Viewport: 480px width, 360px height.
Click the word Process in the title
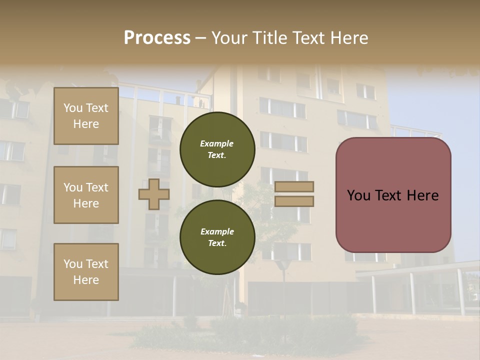(157, 38)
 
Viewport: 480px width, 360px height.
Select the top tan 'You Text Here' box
(86, 116)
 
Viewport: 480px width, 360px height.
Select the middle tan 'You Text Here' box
(86, 195)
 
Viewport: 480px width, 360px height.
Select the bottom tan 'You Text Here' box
(86, 272)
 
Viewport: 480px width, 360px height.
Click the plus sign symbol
(153, 194)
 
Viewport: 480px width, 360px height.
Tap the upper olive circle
(217, 149)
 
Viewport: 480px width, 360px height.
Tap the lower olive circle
(217, 237)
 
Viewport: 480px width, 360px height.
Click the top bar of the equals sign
(294, 187)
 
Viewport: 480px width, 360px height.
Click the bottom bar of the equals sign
(294, 201)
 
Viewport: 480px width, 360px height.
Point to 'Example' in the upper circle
(217, 143)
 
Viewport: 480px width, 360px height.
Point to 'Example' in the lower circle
(217, 231)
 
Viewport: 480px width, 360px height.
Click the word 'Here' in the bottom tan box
(86, 280)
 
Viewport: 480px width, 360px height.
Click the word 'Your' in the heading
(230, 38)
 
